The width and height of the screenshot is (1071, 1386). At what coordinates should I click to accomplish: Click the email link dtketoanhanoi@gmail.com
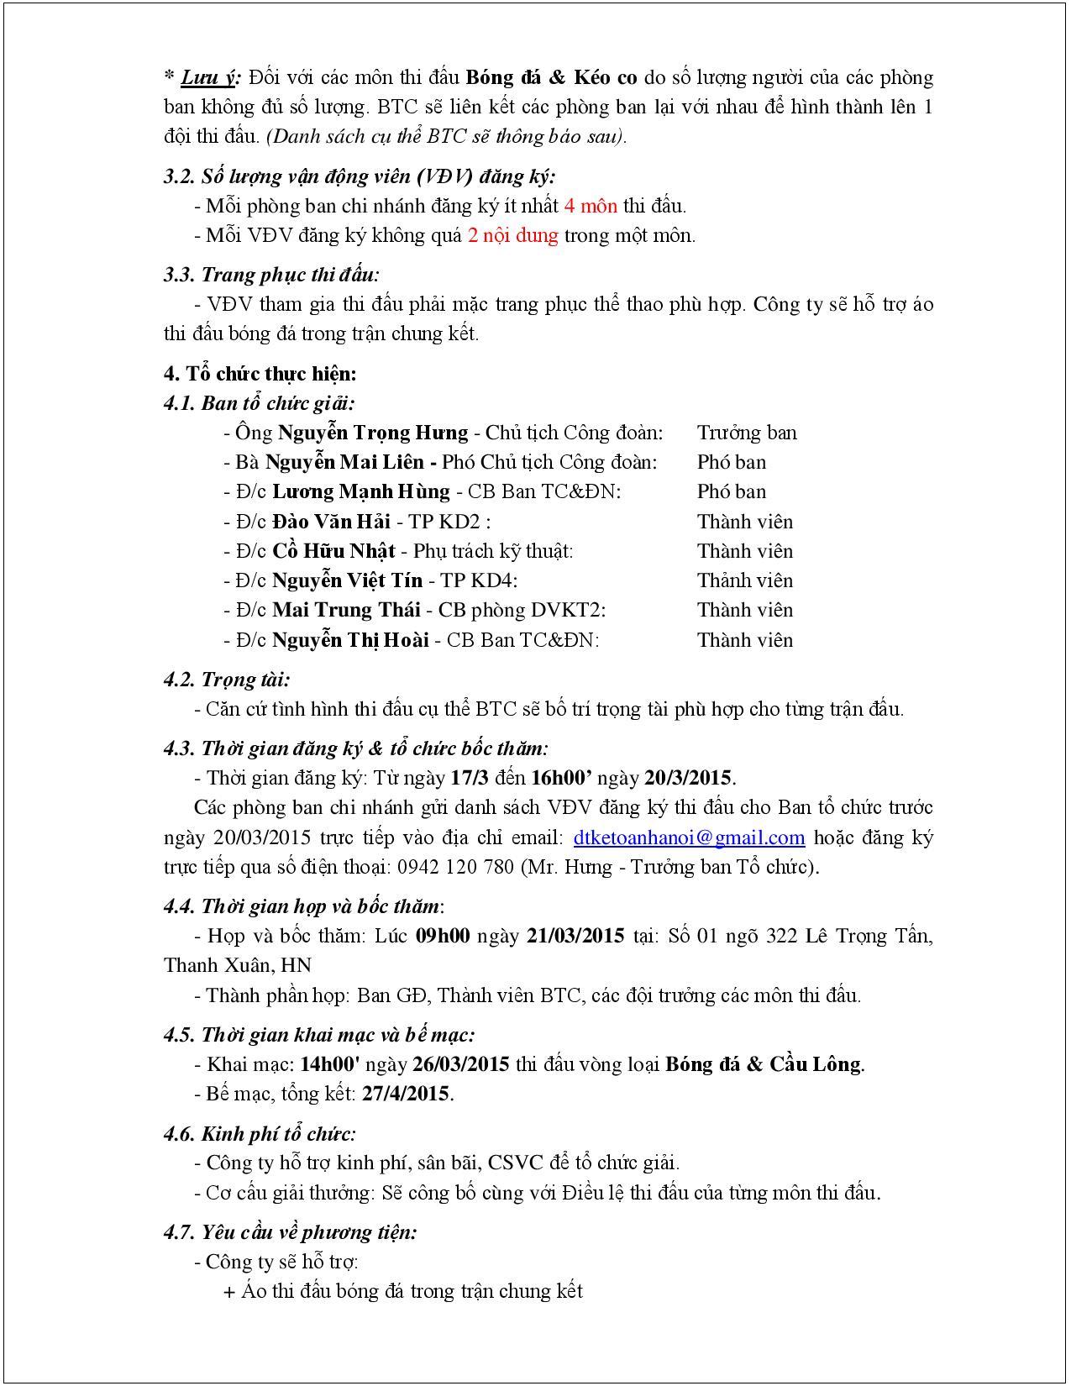(689, 837)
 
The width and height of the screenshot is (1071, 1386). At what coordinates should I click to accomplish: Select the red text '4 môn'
(591, 206)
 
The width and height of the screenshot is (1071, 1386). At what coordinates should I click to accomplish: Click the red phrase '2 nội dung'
(512, 235)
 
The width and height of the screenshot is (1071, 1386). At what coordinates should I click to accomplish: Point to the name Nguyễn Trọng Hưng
(373, 433)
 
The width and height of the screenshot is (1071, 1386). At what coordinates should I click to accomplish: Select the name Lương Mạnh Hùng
(361, 491)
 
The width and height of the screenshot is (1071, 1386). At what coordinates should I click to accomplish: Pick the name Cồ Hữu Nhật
(333, 551)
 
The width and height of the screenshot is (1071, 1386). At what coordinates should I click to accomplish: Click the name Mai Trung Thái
(344, 610)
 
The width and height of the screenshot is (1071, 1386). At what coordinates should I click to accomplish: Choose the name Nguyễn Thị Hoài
(350, 640)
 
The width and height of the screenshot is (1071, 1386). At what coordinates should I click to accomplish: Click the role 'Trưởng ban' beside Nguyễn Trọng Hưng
(746, 433)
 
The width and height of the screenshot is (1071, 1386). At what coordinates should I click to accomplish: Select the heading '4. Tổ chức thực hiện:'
(260, 374)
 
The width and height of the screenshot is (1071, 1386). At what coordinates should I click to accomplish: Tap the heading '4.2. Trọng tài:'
(227, 680)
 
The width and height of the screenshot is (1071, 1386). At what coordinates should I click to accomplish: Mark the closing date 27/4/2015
(407, 1094)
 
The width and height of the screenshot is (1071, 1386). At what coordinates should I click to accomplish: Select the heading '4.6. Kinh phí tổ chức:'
(260, 1134)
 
